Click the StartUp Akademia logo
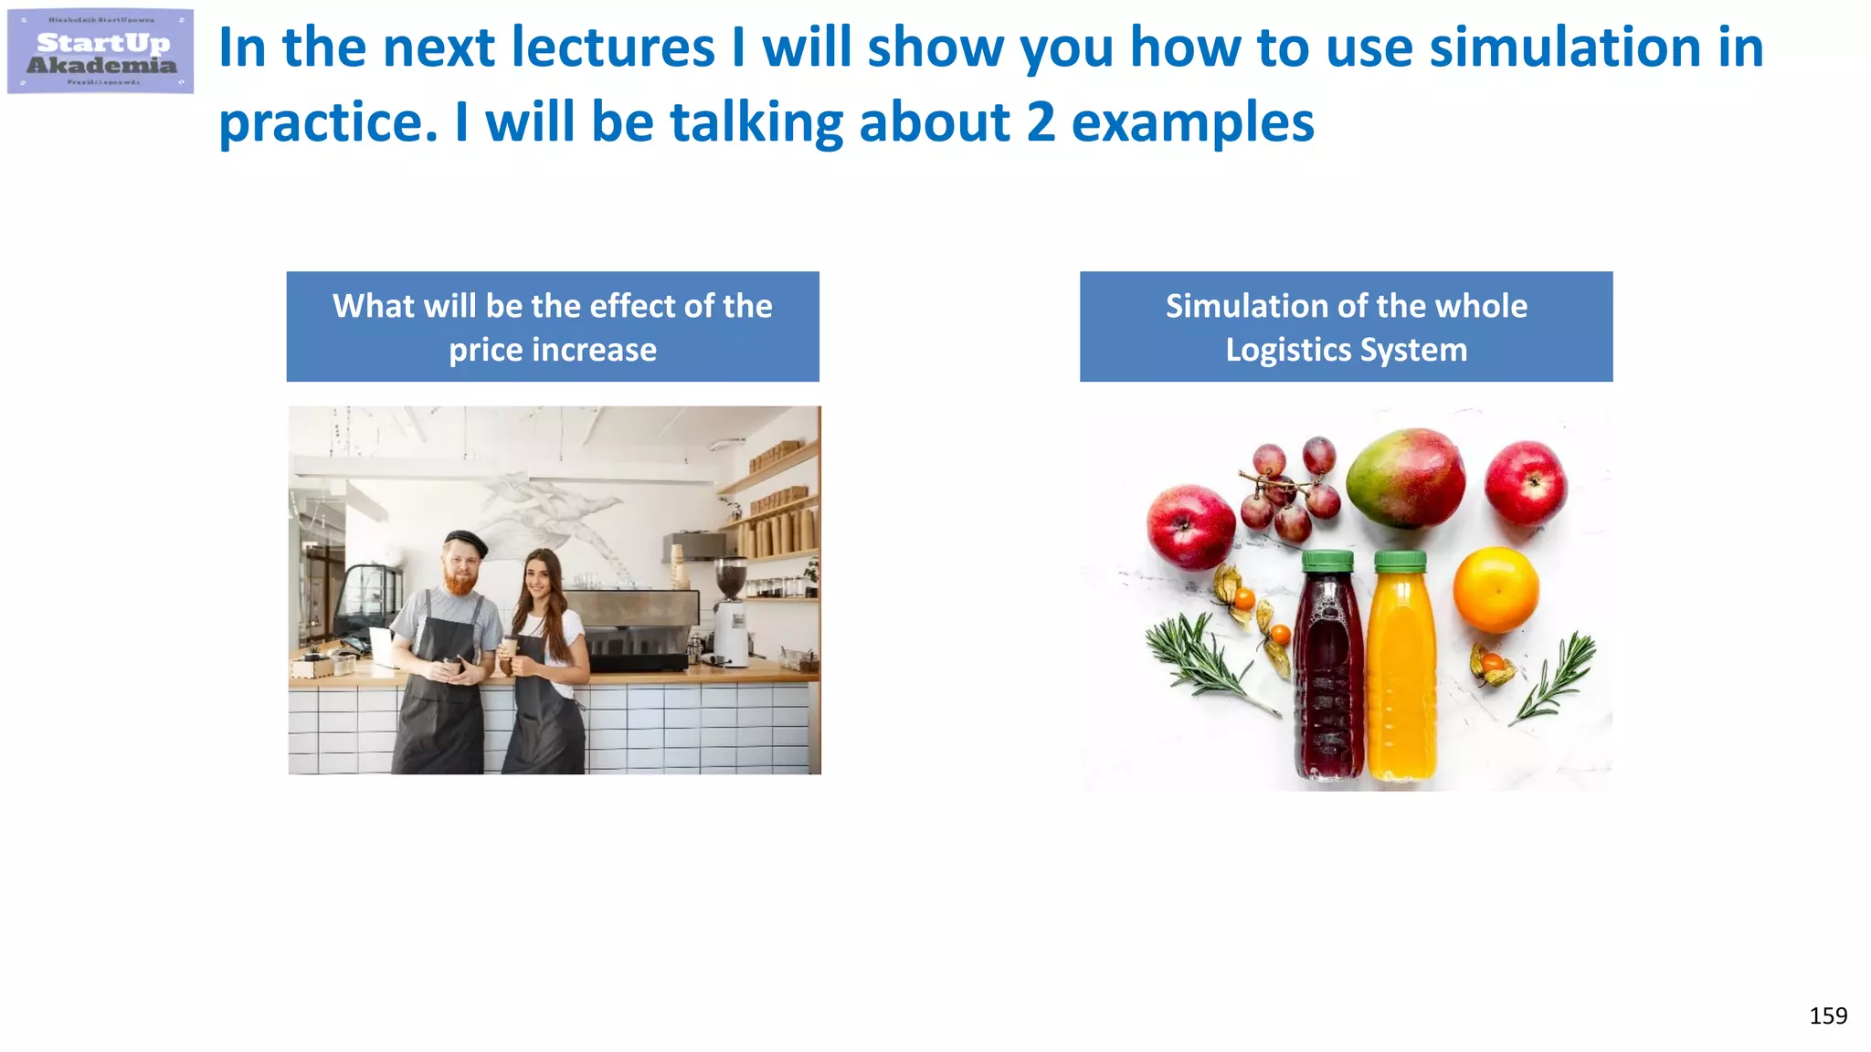pos(100,51)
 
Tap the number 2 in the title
pos(1041,122)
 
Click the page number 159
pos(1827,1015)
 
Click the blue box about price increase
pos(553,327)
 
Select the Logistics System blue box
pos(1346,327)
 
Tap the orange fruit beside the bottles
pos(1496,589)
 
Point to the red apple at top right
pos(1525,483)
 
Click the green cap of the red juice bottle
pos(1327,561)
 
